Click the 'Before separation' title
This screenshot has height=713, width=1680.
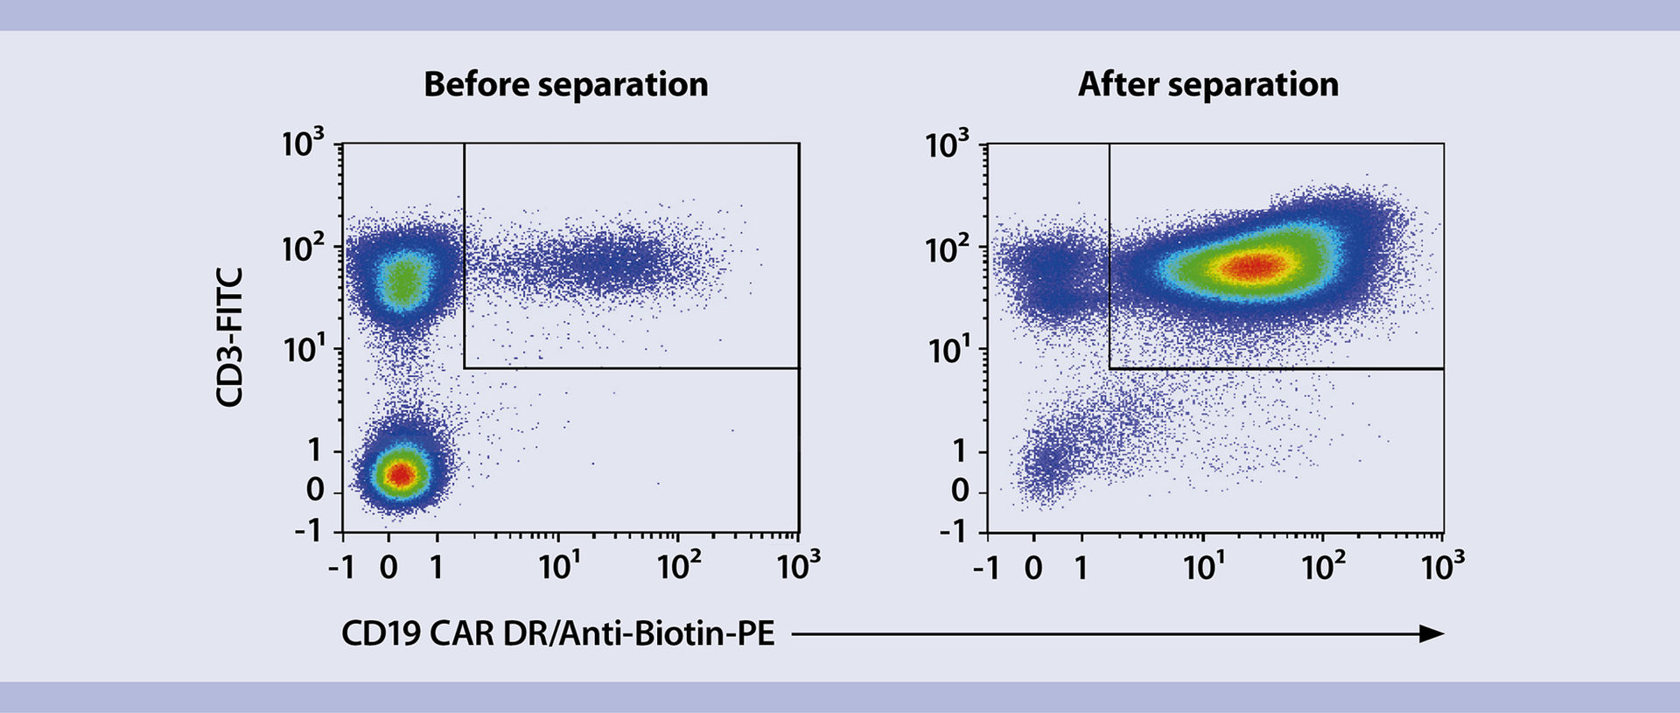pos(565,85)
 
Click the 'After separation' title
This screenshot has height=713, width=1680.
pos(1207,85)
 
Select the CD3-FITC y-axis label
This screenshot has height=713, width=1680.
pos(229,337)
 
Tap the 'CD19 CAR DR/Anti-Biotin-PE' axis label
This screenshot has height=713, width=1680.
pos(557,633)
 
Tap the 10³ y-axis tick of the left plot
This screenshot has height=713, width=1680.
pos(303,143)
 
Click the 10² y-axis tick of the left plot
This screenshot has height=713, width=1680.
pos(303,249)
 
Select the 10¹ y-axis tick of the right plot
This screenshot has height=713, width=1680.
pos(948,351)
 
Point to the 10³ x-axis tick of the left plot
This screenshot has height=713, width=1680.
pos(798,567)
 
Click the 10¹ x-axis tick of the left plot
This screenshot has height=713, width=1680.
pos(559,567)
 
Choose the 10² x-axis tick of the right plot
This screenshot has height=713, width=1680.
pos(1323,567)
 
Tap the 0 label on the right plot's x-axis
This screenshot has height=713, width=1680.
pos(1033,568)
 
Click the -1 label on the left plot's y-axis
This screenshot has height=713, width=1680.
pos(307,530)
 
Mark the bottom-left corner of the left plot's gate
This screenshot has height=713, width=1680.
pos(464,368)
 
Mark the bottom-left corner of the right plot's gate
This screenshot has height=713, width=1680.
pos(1109,368)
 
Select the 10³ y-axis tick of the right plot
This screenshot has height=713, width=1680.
pos(948,143)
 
